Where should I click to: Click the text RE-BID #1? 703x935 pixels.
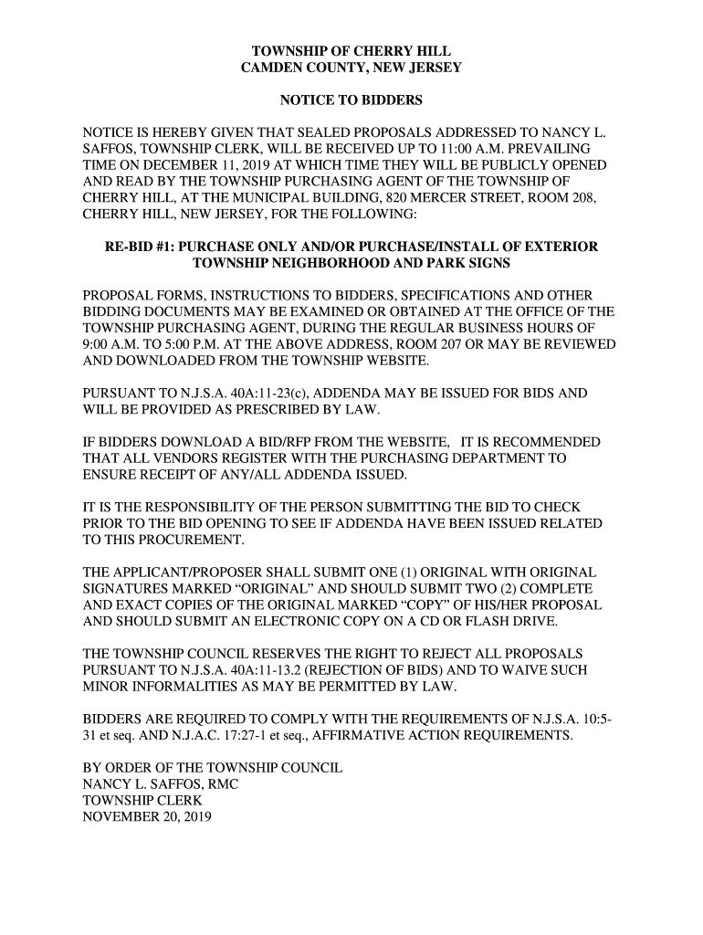[x=145, y=247]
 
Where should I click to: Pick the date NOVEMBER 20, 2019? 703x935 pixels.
[x=147, y=818]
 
